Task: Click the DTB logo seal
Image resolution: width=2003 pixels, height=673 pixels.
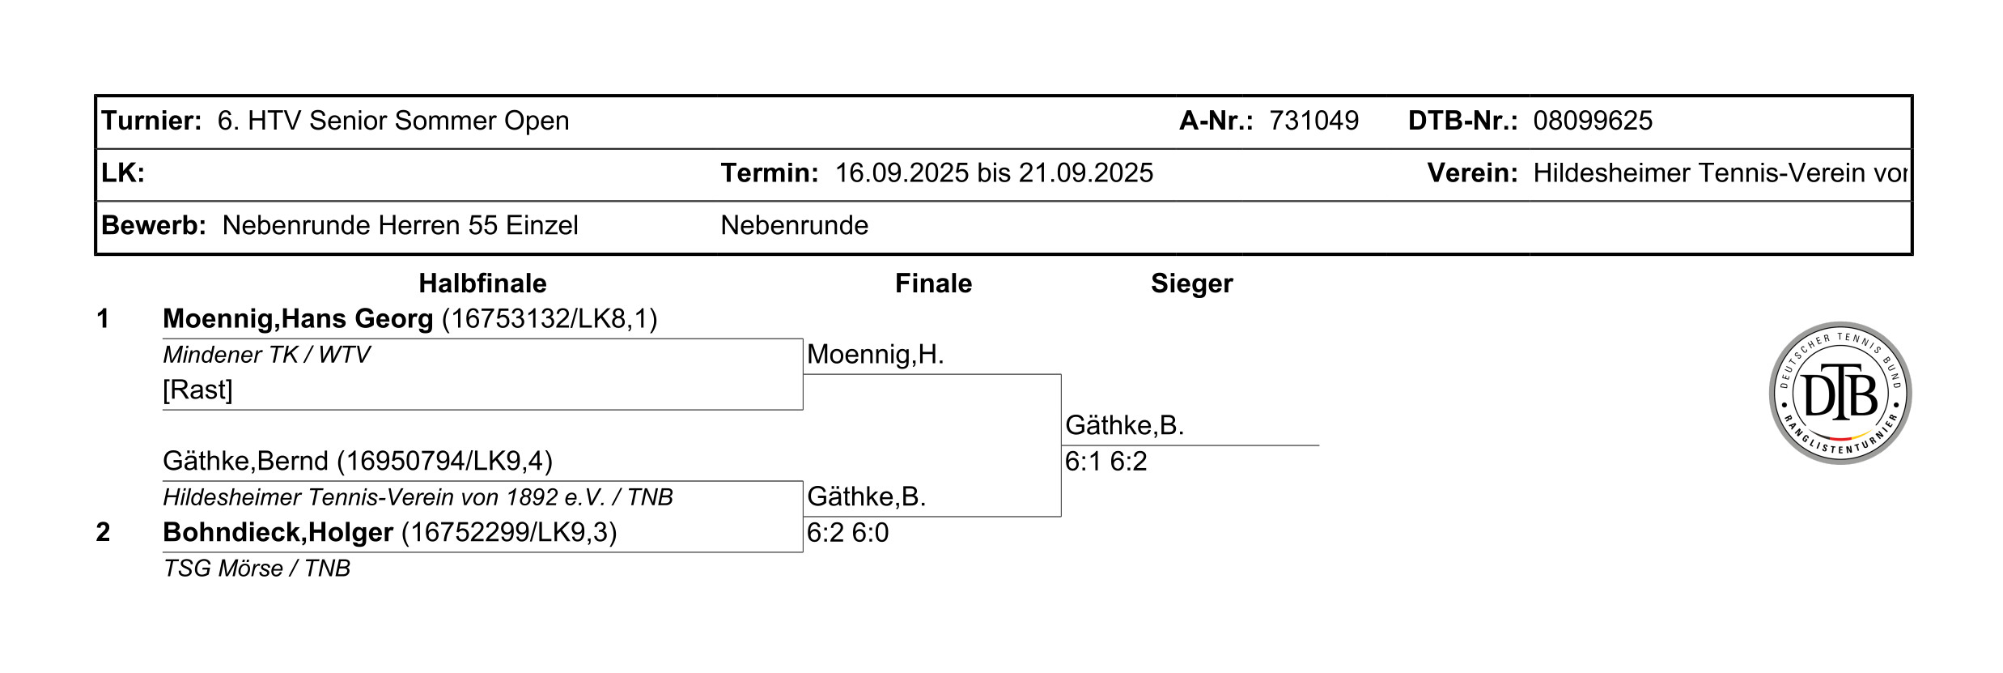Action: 1840,393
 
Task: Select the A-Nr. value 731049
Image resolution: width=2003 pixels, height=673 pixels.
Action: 1313,121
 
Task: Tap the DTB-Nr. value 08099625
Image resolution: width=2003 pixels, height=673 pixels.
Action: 1592,121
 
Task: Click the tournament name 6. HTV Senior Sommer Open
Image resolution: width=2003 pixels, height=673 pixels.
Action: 393,121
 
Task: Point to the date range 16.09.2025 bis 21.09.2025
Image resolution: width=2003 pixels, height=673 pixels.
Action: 993,173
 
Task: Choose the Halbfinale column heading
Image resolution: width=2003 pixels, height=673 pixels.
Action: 482,283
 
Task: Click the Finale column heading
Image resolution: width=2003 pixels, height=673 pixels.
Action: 932,283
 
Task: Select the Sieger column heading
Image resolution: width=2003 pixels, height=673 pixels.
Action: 1191,283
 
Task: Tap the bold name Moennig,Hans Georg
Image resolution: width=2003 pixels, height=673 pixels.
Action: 298,319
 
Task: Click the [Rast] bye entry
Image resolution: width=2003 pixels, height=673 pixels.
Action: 197,390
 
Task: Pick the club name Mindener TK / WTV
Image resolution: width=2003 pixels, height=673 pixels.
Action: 266,355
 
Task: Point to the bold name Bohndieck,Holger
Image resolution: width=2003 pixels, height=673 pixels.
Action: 278,532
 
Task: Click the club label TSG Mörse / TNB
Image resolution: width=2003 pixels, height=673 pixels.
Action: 257,569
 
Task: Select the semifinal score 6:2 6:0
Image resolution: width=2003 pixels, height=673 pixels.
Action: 847,533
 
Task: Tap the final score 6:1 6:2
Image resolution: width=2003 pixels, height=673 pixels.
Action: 1105,462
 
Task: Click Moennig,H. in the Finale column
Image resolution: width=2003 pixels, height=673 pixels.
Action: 875,355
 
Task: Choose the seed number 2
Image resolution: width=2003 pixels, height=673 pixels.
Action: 103,532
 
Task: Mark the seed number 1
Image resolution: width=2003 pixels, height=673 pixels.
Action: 103,319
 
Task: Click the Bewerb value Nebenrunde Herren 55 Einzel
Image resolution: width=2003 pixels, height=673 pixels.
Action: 400,225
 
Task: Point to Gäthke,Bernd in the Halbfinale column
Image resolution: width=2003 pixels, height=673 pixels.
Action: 245,461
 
